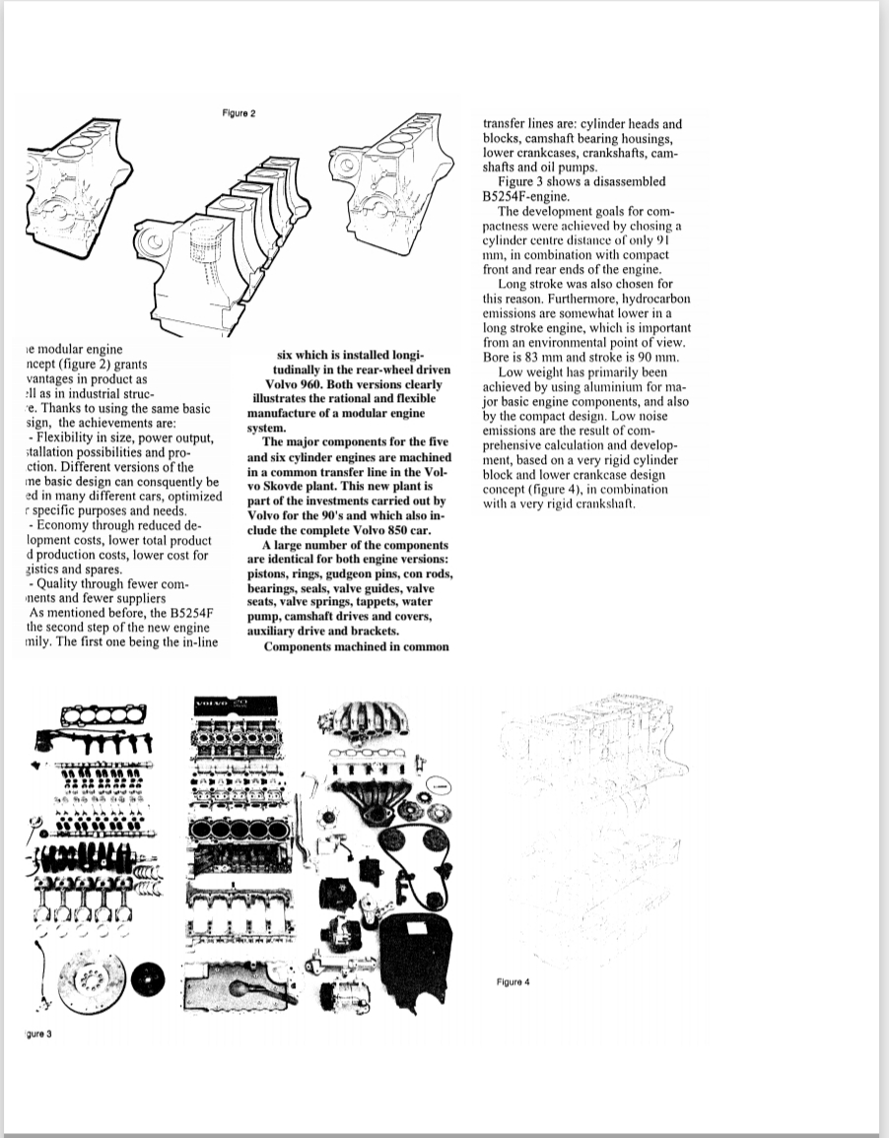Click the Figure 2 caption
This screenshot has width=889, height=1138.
point(239,114)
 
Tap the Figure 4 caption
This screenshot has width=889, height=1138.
point(513,981)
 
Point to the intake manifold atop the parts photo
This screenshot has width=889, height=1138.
point(377,724)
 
